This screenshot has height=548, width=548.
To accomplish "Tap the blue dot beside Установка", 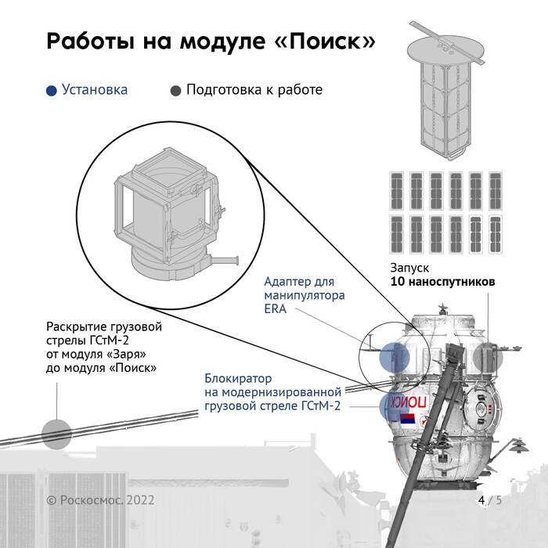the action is [52, 91].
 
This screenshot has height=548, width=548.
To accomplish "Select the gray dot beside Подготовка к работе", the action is [175, 91].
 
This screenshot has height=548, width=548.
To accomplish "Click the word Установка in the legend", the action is [95, 89].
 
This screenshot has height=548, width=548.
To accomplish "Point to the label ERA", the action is [275, 309].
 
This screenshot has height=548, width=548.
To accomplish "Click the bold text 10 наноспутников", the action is [442, 281].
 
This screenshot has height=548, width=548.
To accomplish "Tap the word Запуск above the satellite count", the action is [409, 268].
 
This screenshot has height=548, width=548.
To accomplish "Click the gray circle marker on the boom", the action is [56, 434].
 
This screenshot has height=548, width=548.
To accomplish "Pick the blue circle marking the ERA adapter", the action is [395, 357].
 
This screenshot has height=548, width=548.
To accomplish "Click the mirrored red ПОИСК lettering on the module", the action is [408, 402].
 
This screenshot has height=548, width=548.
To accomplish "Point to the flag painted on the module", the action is [408, 419].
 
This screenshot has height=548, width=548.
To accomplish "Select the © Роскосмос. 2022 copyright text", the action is [100, 500].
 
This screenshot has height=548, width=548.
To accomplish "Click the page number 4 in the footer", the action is [481, 500].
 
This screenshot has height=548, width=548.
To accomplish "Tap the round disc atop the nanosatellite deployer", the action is [446, 50].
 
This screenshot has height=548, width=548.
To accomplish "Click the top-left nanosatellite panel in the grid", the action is [396, 191].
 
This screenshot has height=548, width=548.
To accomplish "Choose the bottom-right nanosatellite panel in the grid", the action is [496, 234].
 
